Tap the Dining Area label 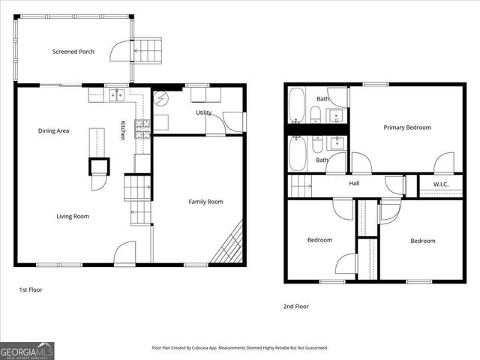pos(54,131)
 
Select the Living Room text pos(73,217)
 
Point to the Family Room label pos(205,202)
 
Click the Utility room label pos(204,113)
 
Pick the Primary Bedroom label pos(407,127)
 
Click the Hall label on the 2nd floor pos(355,183)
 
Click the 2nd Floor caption pos(295,306)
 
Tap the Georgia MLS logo pos(27,350)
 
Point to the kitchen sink pos(115,94)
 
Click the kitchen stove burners pos(142,128)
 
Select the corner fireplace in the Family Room pos(229,244)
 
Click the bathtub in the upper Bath pos(297,104)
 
